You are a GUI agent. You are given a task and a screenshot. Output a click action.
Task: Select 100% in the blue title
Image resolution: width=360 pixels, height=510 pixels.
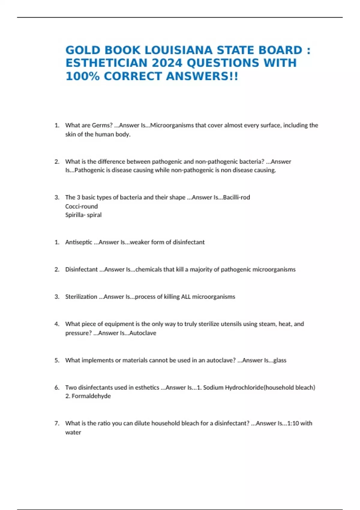[82, 76]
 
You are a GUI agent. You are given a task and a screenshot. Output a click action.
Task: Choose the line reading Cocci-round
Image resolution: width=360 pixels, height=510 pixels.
[81, 206]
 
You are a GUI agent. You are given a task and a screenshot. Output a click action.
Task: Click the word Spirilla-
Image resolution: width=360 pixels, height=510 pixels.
[75, 215]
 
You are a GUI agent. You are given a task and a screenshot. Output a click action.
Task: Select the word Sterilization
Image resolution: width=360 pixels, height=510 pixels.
[81, 297]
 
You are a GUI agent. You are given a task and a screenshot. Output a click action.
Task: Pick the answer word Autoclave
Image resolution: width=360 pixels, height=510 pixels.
[143, 333]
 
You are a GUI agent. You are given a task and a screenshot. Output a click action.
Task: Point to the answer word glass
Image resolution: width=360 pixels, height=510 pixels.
[280, 360]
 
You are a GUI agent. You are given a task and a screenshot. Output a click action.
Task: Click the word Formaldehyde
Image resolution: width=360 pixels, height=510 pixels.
[91, 396]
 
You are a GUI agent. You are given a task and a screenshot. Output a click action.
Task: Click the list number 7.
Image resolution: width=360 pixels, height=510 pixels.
[57, 423]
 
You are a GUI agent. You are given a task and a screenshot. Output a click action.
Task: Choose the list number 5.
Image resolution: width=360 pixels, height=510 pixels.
[57, 360]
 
